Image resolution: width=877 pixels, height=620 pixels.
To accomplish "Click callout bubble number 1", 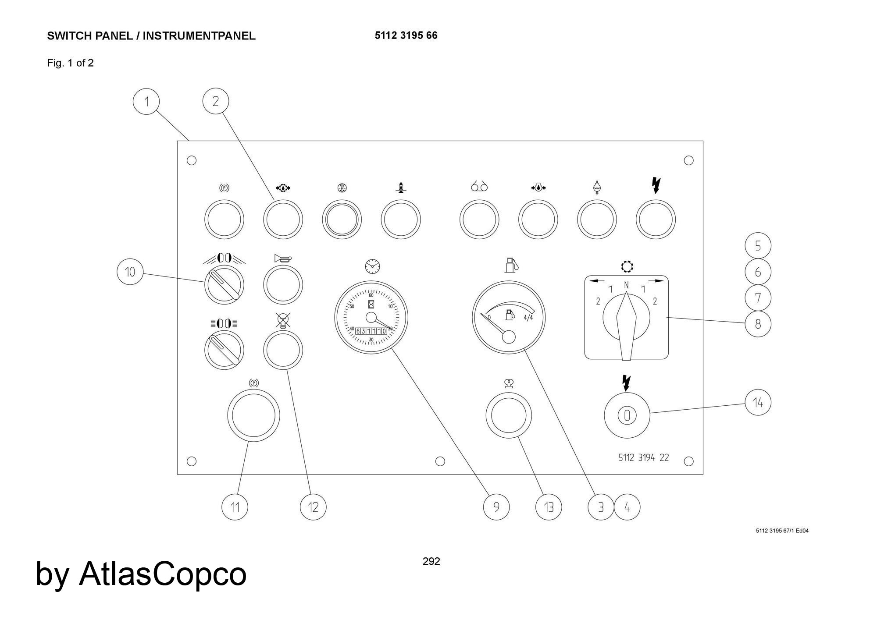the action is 146,101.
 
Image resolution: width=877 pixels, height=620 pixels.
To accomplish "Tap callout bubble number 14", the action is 758,402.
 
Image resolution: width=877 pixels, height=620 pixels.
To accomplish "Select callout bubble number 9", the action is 496,507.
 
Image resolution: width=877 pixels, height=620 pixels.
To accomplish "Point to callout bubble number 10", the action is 130,272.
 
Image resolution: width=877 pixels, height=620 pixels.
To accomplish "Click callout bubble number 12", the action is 313,507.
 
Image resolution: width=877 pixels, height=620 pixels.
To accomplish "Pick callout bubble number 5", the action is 758,246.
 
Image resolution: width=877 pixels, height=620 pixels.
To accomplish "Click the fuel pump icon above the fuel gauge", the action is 511,265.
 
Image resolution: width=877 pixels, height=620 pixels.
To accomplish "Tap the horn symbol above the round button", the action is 282,259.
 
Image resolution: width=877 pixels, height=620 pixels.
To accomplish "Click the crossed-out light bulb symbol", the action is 283,321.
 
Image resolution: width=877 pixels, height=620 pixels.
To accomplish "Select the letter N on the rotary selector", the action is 626,285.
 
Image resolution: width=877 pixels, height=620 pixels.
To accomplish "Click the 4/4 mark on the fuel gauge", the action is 528,317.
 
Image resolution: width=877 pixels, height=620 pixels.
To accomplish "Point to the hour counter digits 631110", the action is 371,331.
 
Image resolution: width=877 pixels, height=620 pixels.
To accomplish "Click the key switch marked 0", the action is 627,415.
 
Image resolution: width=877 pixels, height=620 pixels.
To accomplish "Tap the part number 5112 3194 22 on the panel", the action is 643,457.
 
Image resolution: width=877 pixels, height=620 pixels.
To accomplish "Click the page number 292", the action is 431,561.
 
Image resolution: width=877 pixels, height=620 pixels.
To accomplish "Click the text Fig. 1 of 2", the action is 70,63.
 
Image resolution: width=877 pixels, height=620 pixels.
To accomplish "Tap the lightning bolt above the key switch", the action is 627,383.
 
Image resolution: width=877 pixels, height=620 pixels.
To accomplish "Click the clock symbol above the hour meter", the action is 372,266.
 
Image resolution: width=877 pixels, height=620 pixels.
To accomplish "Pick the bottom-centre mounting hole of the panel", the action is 440,461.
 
